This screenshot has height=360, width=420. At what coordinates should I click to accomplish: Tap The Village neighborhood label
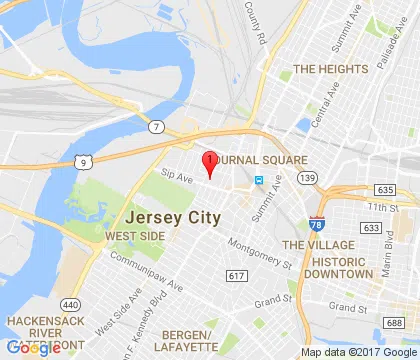[x=315, y=244]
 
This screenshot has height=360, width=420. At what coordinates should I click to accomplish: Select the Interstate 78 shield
[x=318, y=223]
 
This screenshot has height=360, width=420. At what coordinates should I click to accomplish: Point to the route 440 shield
[x=72, y=303]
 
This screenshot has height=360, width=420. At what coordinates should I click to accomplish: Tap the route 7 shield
[x=158, y=125]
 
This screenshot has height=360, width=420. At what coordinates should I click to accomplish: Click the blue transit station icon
[x=258, y=180]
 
